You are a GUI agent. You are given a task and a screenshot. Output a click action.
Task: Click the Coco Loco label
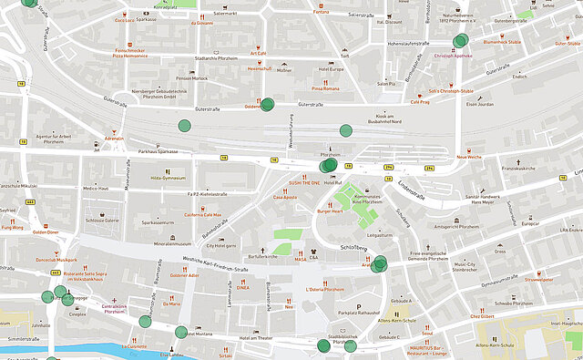coord(124,18)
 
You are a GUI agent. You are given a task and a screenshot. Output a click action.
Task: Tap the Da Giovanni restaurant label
coord(201,24)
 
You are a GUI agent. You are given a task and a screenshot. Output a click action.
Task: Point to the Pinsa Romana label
coord(325,88)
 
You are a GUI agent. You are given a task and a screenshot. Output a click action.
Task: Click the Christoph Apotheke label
coord(454,55)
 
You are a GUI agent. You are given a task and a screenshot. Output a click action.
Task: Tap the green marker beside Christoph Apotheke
coord(462,40)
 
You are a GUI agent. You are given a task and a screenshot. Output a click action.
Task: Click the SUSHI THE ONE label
coord(297,182)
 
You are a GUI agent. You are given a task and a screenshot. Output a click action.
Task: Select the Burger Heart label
coord(330,211)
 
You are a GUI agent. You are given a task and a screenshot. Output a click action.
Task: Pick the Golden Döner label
coord(46,232)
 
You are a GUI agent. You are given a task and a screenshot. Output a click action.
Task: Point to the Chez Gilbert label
coord(482,316)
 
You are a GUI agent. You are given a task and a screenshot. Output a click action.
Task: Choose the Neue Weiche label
coord(468,157)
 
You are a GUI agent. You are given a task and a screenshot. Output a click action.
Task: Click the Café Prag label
coord(420,102)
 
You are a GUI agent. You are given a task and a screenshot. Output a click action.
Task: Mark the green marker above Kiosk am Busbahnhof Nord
coord(345,130)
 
